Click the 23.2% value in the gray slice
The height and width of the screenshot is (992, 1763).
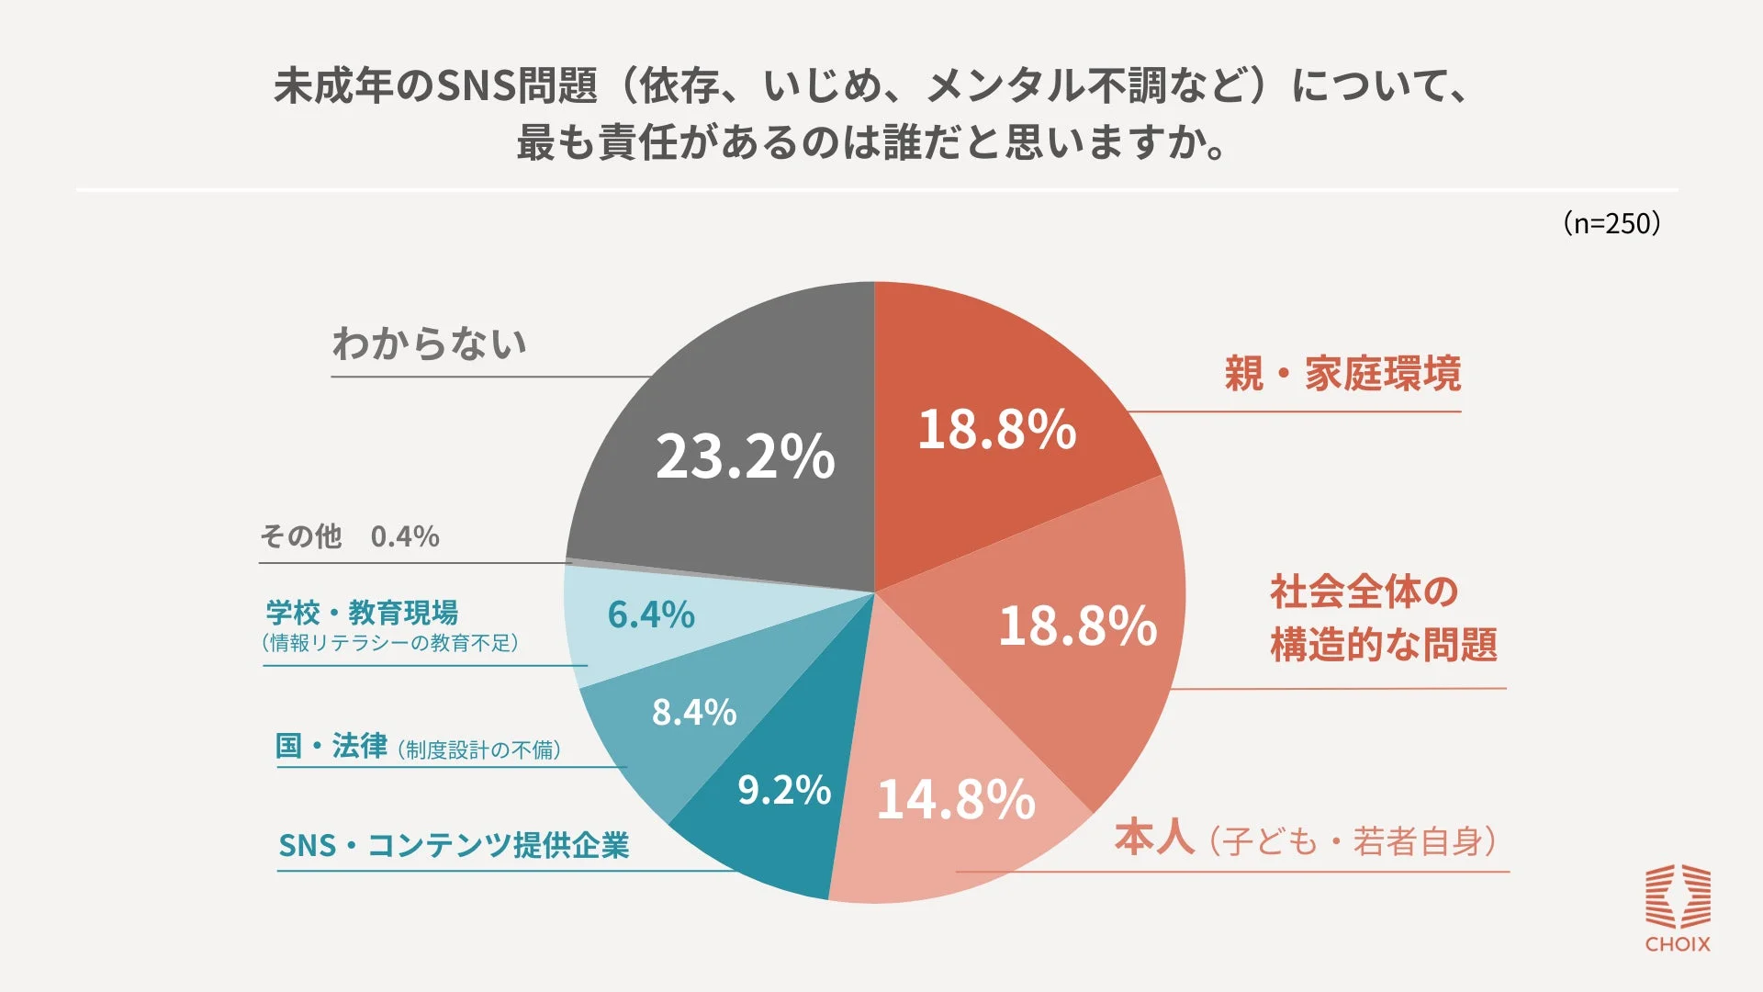(x=745, y=457)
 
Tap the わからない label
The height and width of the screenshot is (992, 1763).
(x=429, y=344)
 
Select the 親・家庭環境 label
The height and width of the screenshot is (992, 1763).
(x=1342, y=374)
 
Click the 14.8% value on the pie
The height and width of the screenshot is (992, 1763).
(x=956, y=799)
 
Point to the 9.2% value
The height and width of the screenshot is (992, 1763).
(x=783, y=790)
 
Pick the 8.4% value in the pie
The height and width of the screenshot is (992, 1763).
(x=694, y=712)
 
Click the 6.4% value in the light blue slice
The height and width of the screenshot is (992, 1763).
(x=651, y=614)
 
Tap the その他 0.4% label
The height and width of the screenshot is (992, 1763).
(x=350, y=536)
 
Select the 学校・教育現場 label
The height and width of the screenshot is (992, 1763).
(x=362, y=612)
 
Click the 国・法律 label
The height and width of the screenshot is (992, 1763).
(x=331, y=746)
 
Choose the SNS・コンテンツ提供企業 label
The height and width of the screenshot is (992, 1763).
(x=454, y=845)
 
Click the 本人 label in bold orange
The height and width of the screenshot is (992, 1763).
(x=1154, y=838)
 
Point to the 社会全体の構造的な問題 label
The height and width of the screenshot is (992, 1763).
(x=1382, y=618)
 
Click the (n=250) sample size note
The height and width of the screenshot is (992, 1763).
(x=1611, y=223)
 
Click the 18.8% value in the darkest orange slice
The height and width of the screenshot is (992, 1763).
(x=996, y=429)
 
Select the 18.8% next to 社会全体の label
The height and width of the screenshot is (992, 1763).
(x=1077, y=626)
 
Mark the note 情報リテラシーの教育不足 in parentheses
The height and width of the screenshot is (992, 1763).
(x=390, y=643)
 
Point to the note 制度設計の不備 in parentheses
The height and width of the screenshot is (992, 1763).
(x=479, y=750)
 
